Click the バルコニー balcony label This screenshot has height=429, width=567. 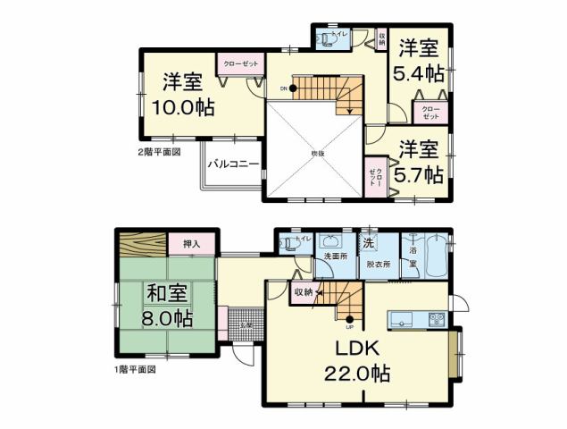click(234, 164)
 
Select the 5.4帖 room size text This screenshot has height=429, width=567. click(421, 73)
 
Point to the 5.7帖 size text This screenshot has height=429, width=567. click(421, 173)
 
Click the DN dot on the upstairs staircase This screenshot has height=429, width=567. click(292, 88)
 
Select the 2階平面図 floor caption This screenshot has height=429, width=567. click(160, 152)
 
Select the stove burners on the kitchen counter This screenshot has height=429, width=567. click(437, 319)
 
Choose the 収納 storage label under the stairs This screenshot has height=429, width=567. click(302, 291)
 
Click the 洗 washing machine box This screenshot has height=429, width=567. click(368, 242)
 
